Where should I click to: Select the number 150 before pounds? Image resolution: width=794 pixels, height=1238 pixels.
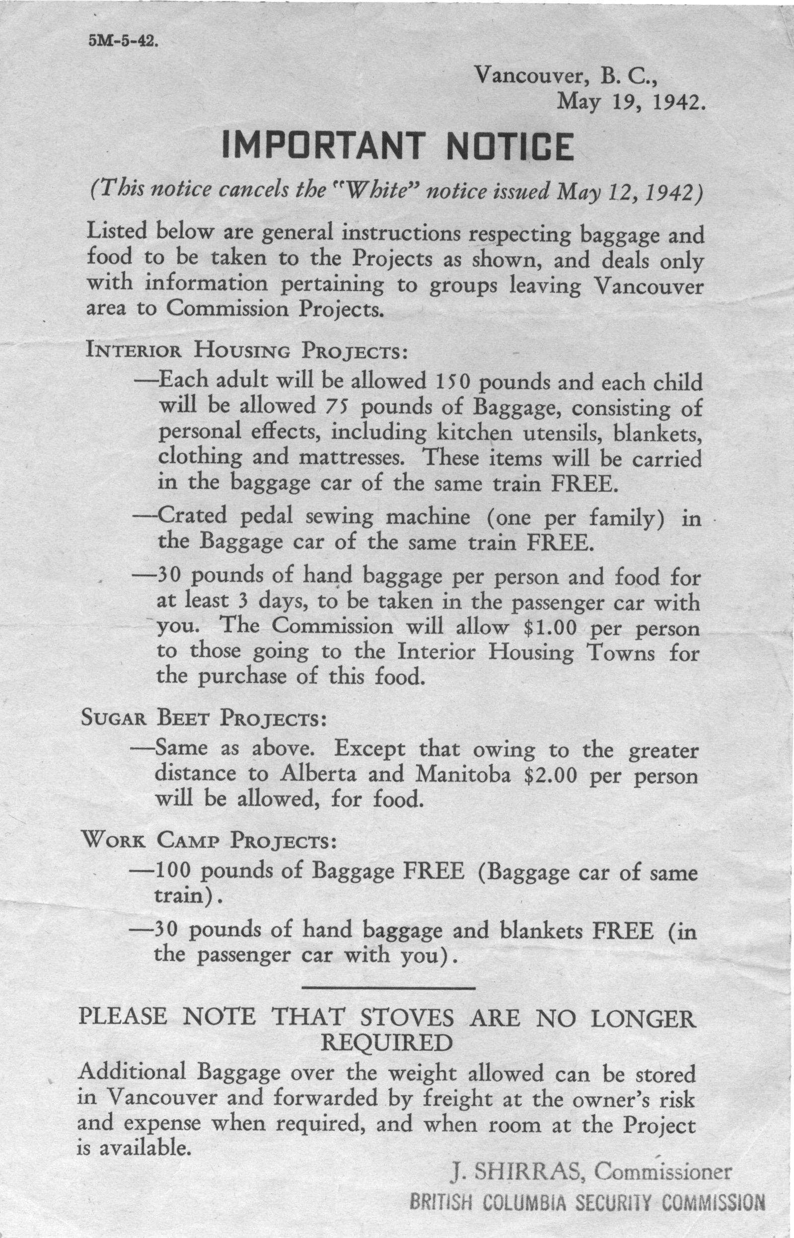coord(452,382)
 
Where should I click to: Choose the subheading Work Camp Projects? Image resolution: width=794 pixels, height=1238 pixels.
coord(209,841)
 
